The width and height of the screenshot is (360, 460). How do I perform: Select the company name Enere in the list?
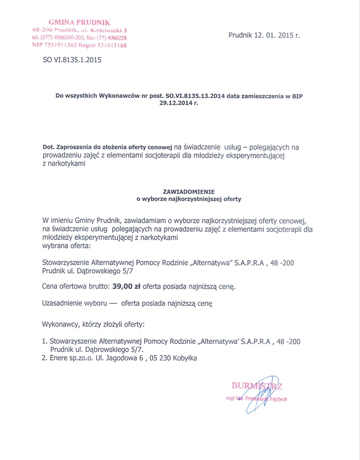point(60,358)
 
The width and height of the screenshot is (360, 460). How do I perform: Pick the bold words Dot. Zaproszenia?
point(71,148)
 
